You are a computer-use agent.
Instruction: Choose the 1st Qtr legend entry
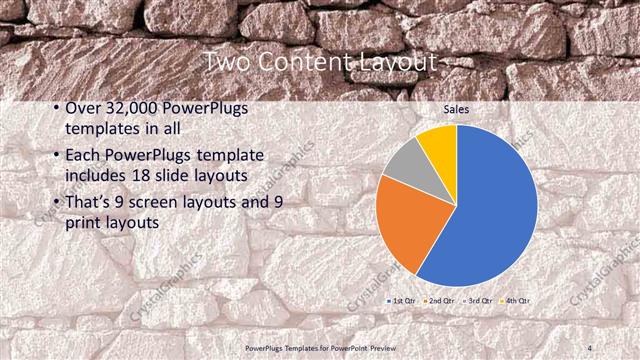click(402, 300)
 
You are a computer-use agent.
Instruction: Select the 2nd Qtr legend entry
click(439, 300)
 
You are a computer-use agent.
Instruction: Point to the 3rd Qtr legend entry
click(477, 300)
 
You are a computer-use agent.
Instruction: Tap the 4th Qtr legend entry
click(515, 300)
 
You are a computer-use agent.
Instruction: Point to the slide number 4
click(591, 347)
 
